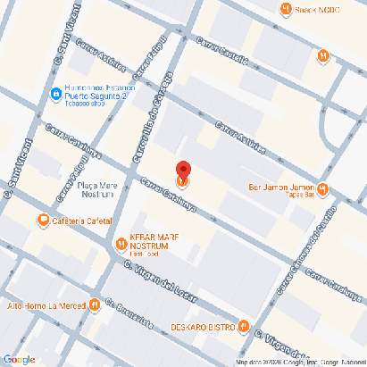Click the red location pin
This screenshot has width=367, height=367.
coord(183,173)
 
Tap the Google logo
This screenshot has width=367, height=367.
coord(19,359)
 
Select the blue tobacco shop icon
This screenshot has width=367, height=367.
coord(55,93)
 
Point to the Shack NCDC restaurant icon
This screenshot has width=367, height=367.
coord(284,10)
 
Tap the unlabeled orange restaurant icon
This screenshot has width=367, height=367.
coord(322,56)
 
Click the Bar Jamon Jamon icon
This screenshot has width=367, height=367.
coord(322,189)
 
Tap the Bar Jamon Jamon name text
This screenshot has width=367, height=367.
coord(280,188)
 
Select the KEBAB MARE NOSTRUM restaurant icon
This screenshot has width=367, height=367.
coord(121,243)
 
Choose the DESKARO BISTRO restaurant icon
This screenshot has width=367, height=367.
coord(244,326)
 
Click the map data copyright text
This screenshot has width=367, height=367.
coord(300,362)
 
